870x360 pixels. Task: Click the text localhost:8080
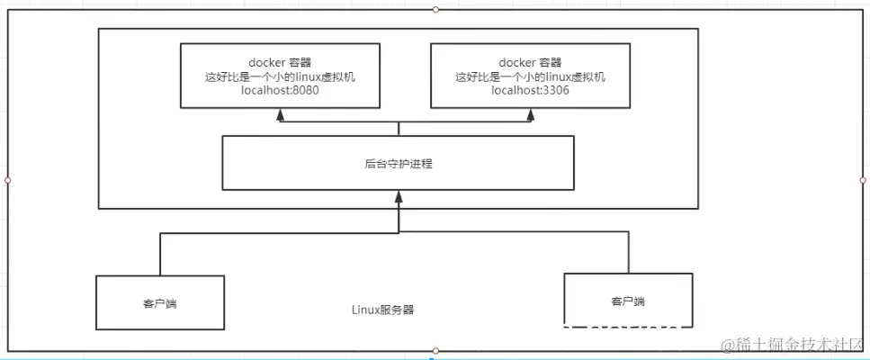point(280,91)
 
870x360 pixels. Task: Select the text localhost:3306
point(530,91)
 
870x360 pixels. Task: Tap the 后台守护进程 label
point(397,164)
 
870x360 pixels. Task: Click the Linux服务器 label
point(383,310)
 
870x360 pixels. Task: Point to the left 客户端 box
point(159,302)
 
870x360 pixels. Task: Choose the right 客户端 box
point(627,301)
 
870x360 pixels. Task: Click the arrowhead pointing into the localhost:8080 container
point(281,114)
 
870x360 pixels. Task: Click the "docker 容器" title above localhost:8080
point(280,62)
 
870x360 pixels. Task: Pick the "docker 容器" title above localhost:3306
point(530,62)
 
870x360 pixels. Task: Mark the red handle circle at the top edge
point(435,9)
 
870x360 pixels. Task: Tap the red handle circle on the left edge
point(7,180)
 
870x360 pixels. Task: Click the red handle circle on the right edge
point(862,180)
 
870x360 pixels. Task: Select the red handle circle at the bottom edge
point(435,350)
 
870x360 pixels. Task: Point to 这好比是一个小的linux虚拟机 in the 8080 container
point(280,76)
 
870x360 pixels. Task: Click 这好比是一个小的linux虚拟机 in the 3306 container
point(530,76)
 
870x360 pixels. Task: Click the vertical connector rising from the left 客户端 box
point(160,255)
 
